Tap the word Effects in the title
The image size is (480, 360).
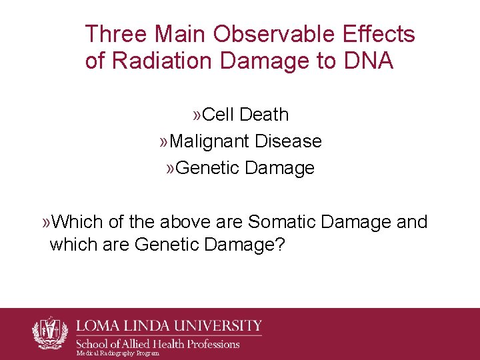377,34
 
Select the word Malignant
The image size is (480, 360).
209,141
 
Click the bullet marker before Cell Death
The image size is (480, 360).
197,115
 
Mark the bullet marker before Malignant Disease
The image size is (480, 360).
164,142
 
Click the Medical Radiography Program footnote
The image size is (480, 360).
118,353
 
